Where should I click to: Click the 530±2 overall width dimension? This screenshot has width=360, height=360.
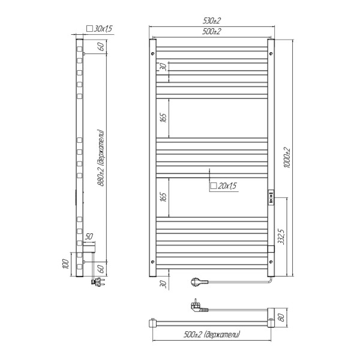pyautogui.click(x=212, y=21)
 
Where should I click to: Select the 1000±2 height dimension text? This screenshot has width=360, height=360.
pyautogui.click(x=287, y=157)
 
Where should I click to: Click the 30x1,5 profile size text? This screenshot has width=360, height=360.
pyautogui.click(x=103, y=28)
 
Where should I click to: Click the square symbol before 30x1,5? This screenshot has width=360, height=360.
pyautogui.click(x=89, y=28)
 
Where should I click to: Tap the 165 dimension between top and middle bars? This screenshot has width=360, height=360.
pyautogui.click(x=163, y=118)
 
